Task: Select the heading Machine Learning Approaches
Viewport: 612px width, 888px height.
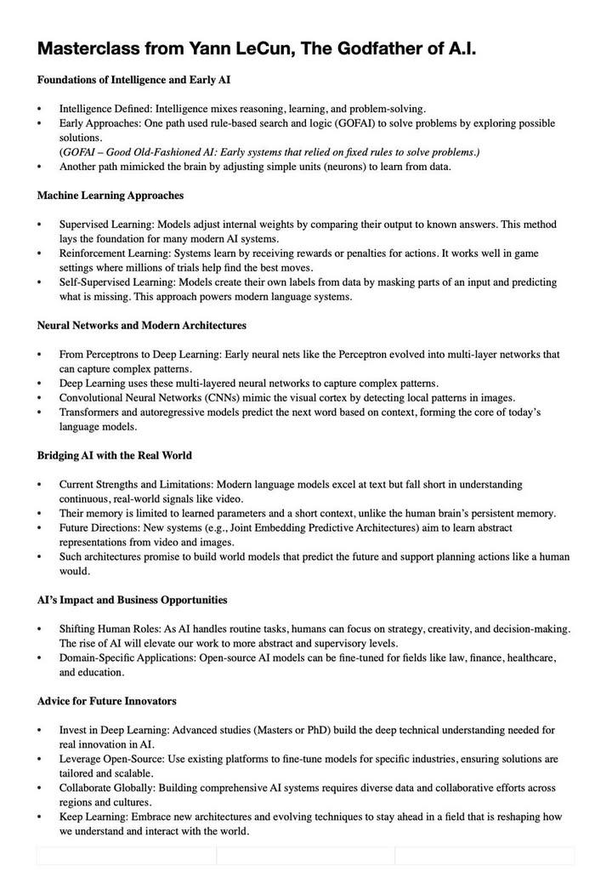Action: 110,196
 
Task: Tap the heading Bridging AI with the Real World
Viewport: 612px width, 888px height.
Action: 114,455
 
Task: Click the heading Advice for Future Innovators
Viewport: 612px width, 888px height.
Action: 106,701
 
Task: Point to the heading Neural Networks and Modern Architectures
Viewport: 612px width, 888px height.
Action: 142,325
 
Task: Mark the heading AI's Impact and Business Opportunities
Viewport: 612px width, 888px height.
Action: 132,600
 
